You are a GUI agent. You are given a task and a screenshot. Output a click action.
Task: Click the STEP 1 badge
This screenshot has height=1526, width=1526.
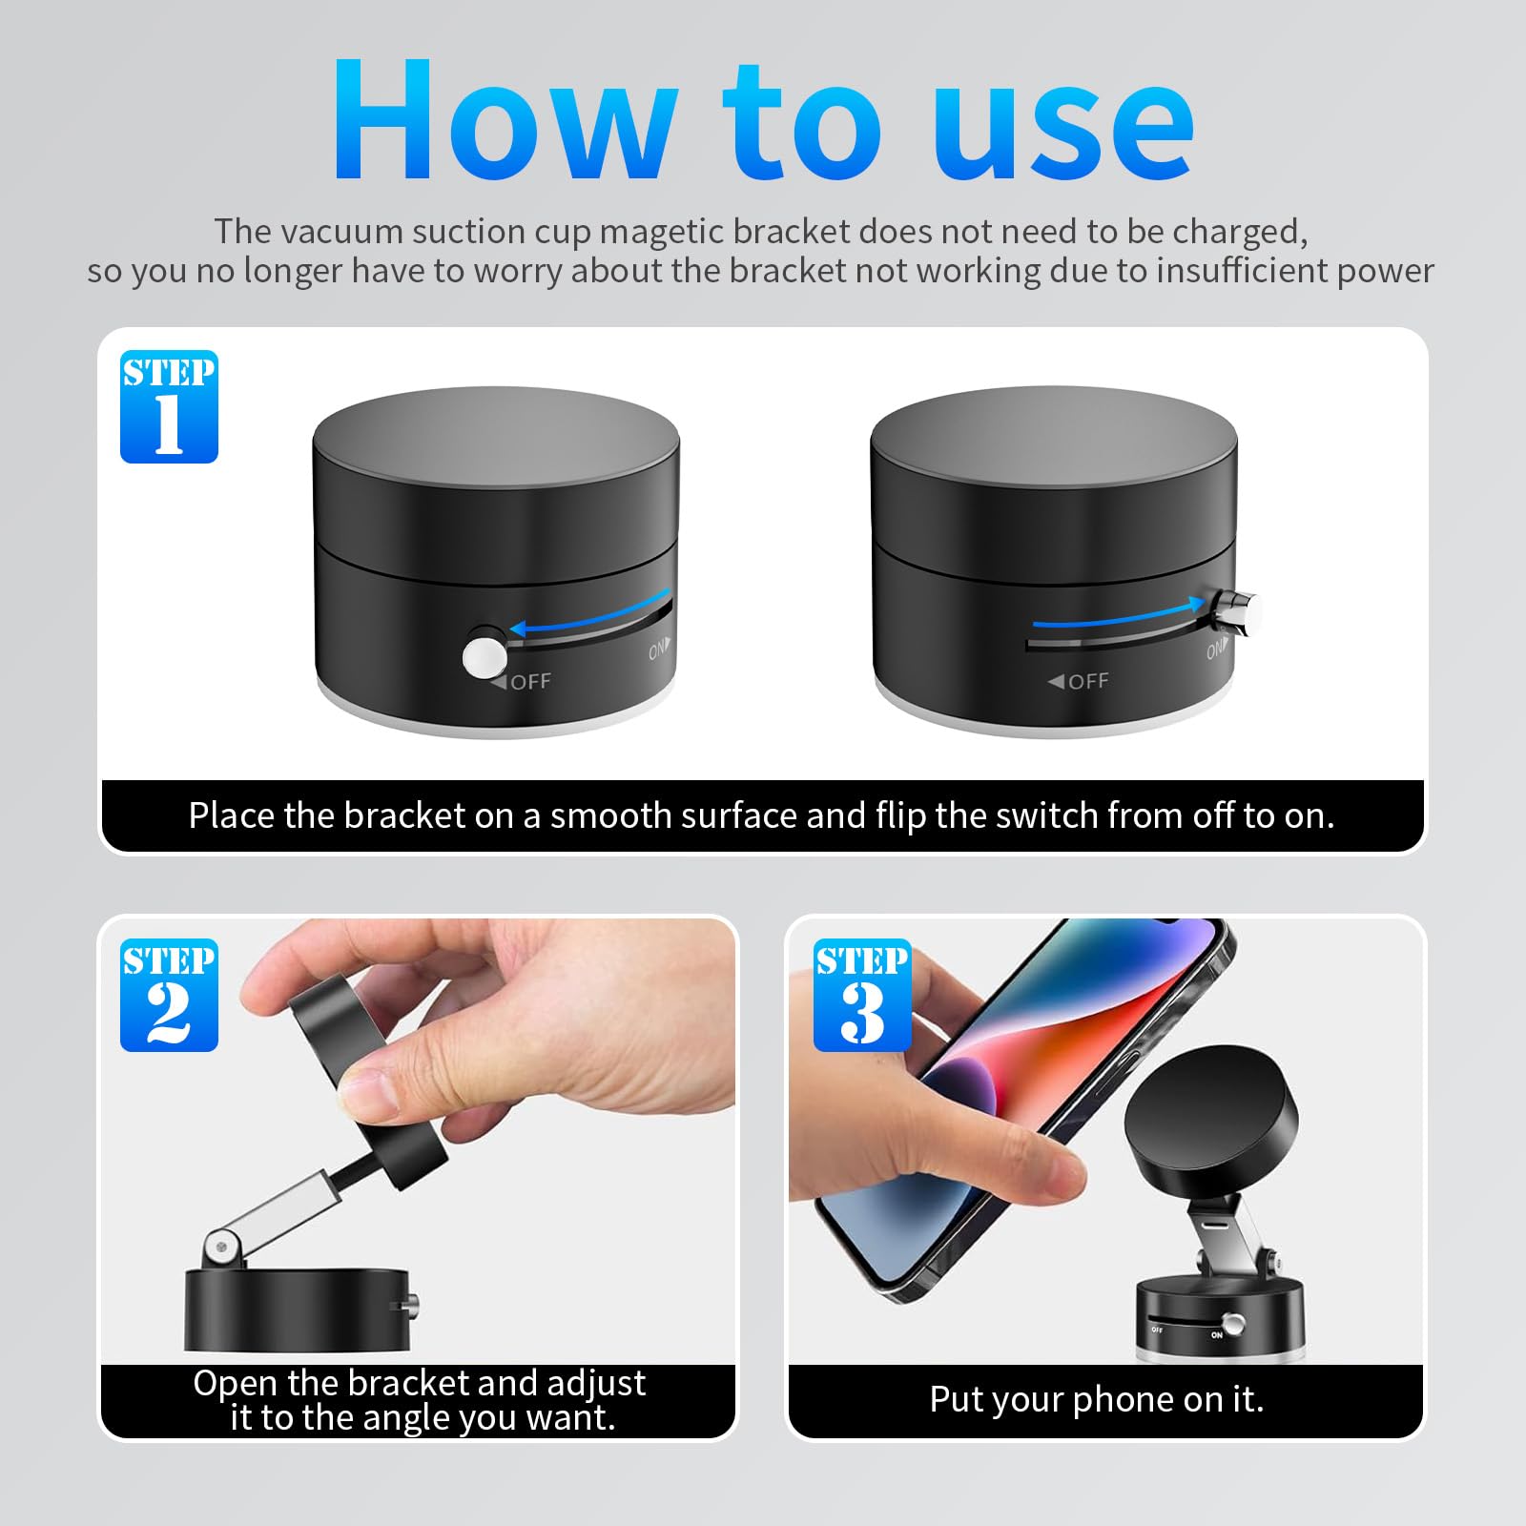tap(169, 406)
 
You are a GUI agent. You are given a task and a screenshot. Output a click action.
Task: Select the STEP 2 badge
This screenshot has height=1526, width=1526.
tap(169, 995)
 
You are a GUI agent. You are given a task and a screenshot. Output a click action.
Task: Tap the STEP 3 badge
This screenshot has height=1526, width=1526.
tap(862, 995)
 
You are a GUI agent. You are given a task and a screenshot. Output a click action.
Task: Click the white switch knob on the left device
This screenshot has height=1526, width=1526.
tap(485, 656)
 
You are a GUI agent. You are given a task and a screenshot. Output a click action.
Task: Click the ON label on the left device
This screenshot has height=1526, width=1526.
tap(658, 650)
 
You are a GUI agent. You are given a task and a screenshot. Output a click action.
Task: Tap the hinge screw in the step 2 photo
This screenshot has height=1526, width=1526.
tap(221, 1248)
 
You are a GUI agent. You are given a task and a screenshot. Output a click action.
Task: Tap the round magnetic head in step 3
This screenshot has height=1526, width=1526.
tap(1211, 1130)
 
